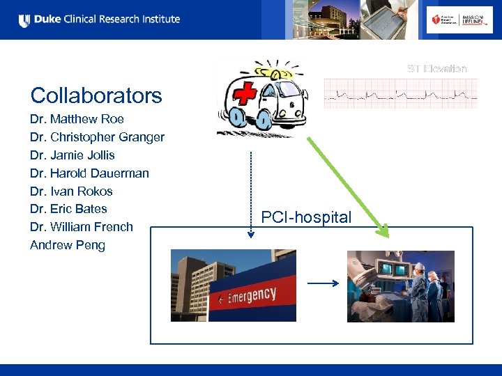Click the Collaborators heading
[x=96, y=95]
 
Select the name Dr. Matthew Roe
[x=77, y=119]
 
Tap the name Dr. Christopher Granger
[x=97, y=137]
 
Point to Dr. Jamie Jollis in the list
[x=72, y=155]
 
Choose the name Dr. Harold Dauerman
[x=89, y=173]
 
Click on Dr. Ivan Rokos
[x=71, y=191]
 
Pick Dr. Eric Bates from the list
[x=68, y=209]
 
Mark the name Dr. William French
[x=81, y=227]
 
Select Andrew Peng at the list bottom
[x=68, y=245]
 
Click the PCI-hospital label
[x=306, y=217]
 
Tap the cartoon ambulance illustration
[x=259, y=97]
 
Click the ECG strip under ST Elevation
[x=401, y=93]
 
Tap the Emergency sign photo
[x=233, y=285]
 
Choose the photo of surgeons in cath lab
[x=401, y=285]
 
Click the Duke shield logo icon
[x=24, y=20]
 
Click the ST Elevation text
[x=437, y=68]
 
